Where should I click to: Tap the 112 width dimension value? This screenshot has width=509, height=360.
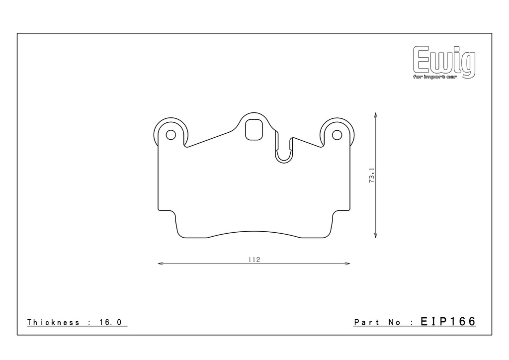coord(254,260)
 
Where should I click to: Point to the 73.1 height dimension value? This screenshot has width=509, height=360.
coord(372,176)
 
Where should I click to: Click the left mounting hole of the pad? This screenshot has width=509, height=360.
coord(171,135)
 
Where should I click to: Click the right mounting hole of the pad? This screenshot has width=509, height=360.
coord(337,135)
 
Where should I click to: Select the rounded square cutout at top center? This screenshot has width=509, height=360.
coord(254,130)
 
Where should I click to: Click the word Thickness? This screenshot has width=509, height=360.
coord(53,322)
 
